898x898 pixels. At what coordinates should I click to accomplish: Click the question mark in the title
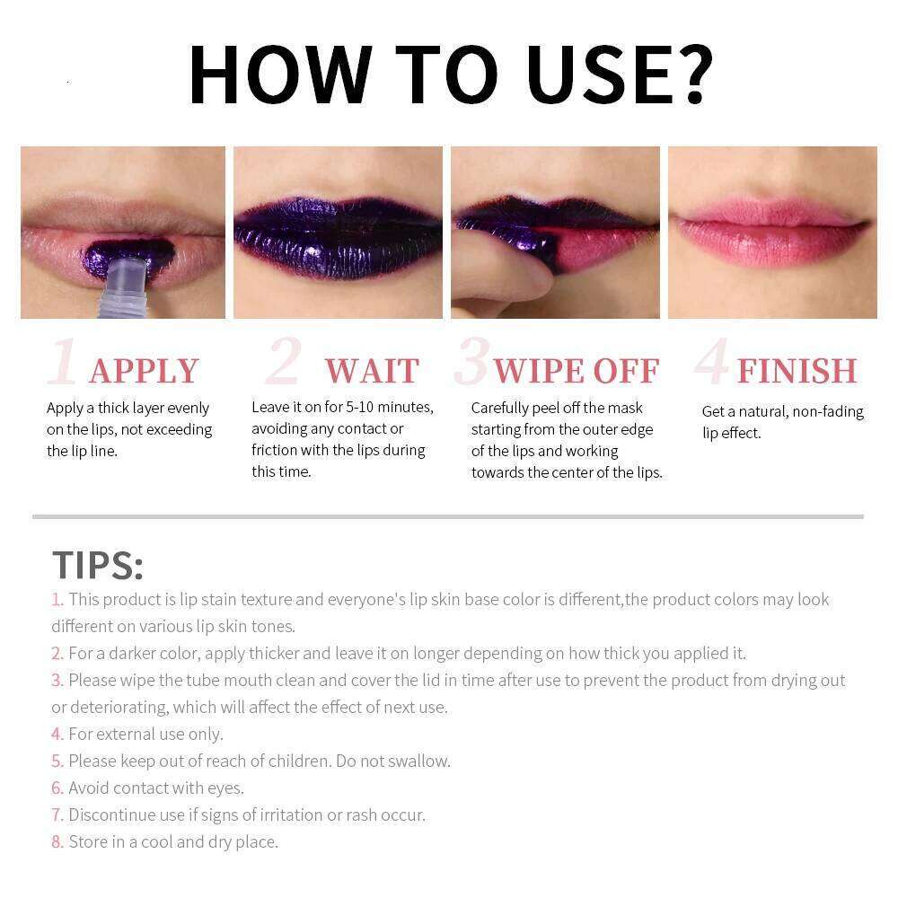point(687,74)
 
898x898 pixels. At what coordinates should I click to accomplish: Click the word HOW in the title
point(278,74)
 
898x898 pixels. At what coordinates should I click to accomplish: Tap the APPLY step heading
point(144,371)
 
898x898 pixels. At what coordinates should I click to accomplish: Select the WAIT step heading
point(372,371)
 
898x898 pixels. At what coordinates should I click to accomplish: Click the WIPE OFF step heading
point(577,371)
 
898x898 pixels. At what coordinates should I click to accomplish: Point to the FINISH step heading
point(797,371)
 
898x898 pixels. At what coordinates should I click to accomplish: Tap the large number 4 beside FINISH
point(711,364)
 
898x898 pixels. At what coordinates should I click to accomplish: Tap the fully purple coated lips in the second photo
point(338,235)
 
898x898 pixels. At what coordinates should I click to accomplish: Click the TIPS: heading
point(97,565)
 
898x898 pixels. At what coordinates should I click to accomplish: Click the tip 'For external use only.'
point(145,734)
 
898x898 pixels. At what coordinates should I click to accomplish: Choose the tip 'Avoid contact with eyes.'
point(155,788)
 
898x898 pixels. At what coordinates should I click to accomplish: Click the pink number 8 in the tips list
point(57,841)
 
